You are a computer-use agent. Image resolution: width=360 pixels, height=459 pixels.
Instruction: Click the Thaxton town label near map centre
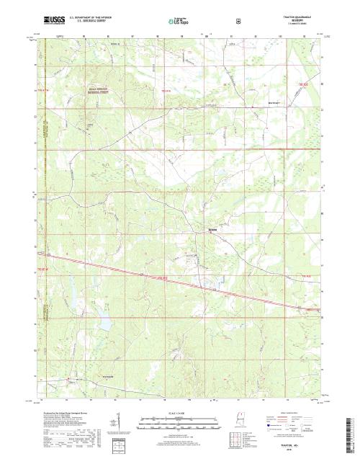click(212, 230)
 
